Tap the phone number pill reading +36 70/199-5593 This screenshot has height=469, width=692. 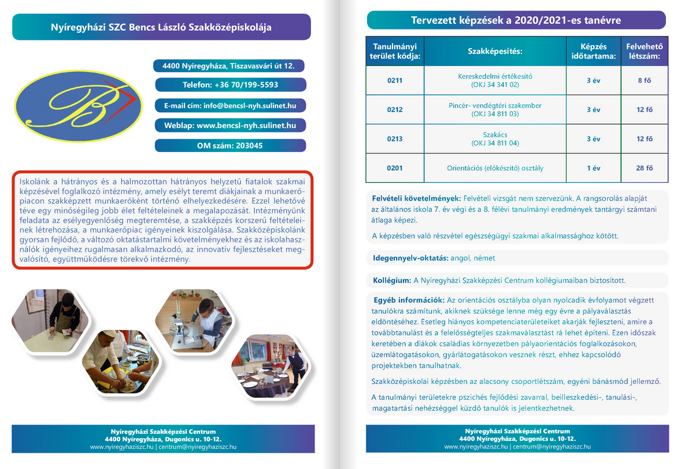(230, 84)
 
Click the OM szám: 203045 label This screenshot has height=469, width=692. (230, 146)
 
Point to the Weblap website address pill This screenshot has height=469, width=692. (230, 125)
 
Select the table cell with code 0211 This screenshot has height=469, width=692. (395, 80)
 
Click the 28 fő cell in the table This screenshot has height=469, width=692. (644, 168)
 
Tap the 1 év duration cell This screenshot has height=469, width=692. (593, 168)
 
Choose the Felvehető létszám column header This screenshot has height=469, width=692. (644, 51)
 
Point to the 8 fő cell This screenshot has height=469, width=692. (644, 80)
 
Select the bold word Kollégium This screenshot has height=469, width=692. (392, 280)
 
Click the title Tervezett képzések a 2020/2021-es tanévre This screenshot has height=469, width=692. (516, 21)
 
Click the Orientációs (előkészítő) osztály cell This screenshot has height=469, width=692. (495, 168)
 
